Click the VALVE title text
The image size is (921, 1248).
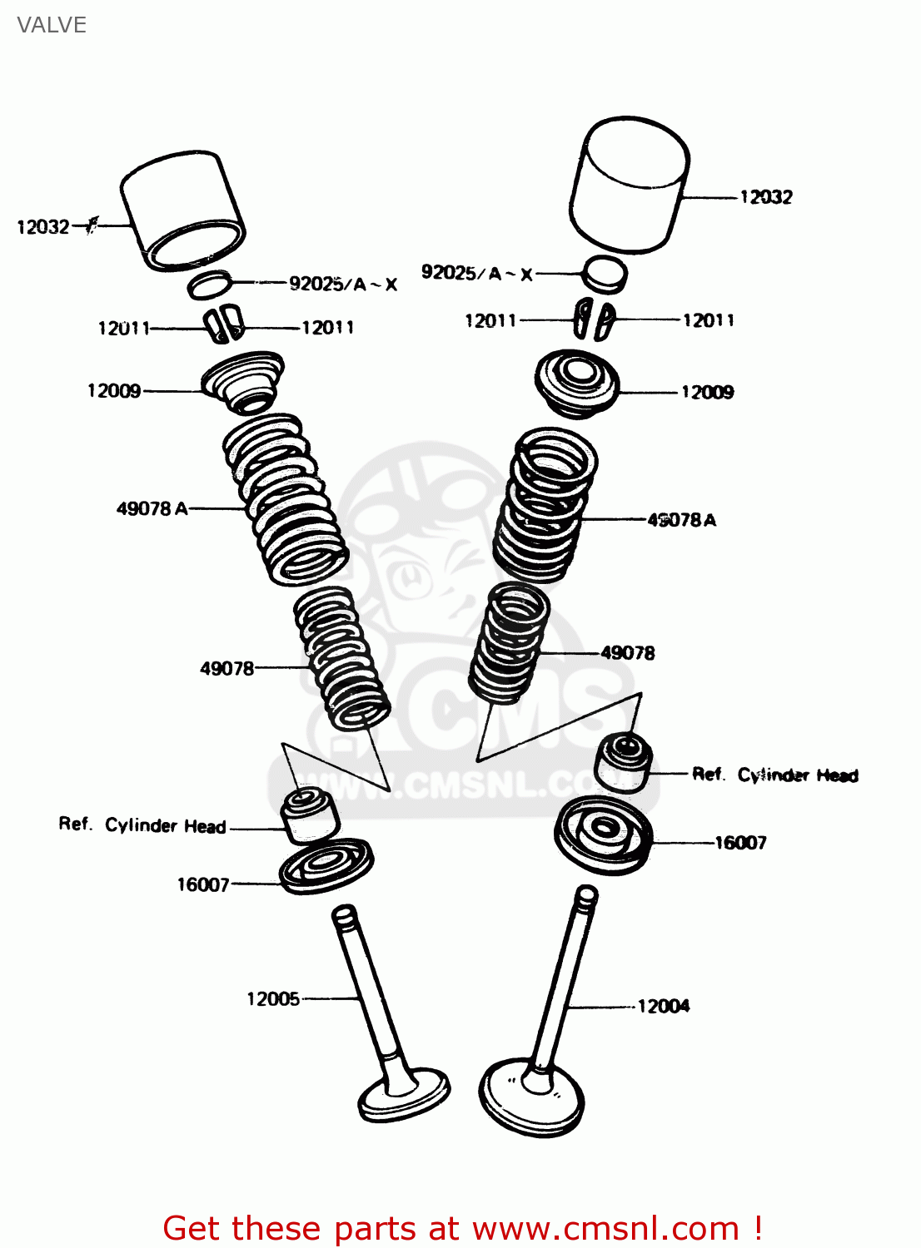52,25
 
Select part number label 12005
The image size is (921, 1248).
273,998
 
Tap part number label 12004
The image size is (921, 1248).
664,1006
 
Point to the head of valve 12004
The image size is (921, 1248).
531,1098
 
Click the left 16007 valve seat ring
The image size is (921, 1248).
326,866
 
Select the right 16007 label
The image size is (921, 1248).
740,843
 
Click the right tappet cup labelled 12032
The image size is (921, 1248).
630,183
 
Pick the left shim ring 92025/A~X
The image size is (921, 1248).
209,285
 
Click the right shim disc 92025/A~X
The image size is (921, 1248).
604,274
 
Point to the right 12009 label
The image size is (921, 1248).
707,393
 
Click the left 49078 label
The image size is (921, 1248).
227,668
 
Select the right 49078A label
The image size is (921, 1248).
681,520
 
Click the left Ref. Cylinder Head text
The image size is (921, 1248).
142,825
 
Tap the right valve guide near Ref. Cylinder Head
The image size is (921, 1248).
622,761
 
